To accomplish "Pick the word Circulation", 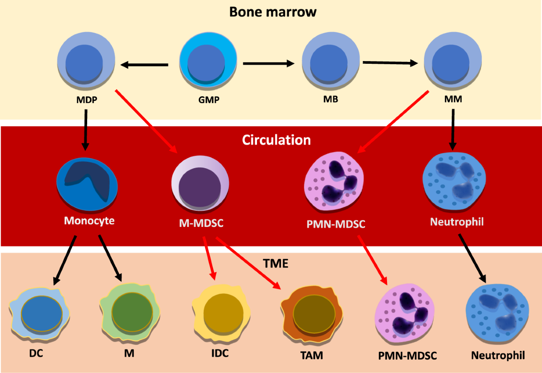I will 276,140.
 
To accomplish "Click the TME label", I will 275,263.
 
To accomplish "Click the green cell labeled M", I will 130,312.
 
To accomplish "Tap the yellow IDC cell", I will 221,312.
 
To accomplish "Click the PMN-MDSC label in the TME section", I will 407,355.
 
